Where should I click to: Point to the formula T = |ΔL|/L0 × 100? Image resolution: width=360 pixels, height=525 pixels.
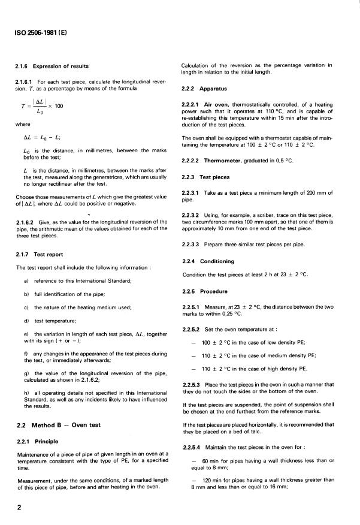(x=41, y=106)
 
